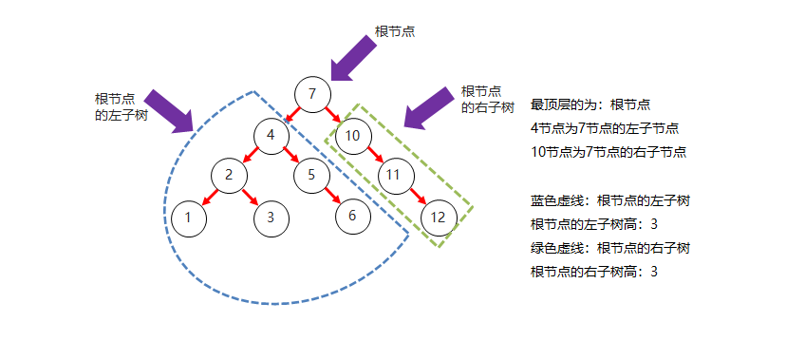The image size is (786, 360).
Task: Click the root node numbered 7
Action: click(312, 94)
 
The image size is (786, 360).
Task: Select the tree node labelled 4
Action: click(271, 135)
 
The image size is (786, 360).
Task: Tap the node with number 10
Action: click(352, 135)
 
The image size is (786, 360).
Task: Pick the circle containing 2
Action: click(229, 175)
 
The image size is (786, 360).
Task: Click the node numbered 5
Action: click(311, 175)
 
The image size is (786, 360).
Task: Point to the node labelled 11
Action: click(395, 175)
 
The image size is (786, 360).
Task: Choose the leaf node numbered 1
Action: click(189, 217)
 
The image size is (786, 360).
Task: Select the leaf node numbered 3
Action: click(271, 217)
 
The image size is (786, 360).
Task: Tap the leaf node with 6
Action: click(352, 216)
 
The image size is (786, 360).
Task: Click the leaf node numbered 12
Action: click(438, 217)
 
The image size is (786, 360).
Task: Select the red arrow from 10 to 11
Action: click(373, 155)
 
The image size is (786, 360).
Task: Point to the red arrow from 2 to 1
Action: click(209, 196)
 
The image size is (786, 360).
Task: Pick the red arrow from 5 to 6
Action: click(332, 196)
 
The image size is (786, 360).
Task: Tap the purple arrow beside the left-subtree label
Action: click(171, 110)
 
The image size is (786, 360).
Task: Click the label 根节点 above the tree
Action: click(394, 31)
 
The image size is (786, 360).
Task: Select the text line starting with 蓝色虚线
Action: click(608, 200)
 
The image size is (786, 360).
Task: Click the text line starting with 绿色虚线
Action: click(608, 248)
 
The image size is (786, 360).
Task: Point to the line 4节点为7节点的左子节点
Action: click(605, 128)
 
